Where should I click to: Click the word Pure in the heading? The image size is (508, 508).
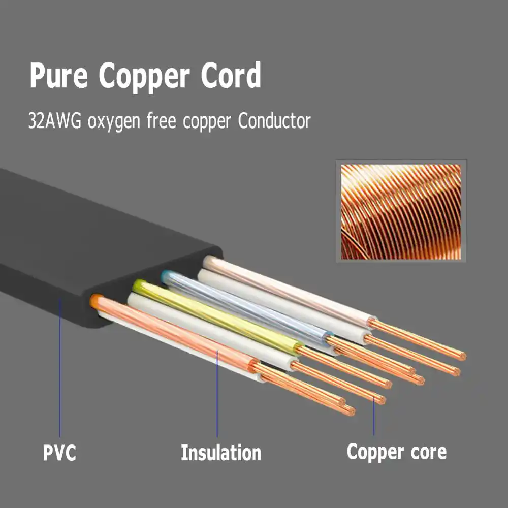click(x=58, y=76)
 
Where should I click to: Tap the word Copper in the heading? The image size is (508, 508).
click(x=144, y=78)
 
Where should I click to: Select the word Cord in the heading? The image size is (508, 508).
click(x=231, y=75)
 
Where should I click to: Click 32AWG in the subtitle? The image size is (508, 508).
click(x=54, y=121)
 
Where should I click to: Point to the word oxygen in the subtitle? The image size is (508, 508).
click(x=114, y=122)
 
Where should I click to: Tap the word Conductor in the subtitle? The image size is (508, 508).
click(x=274, y=121)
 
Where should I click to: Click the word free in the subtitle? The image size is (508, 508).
click(x=162, y=120)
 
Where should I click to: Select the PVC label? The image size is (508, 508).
click(x=59, y=452)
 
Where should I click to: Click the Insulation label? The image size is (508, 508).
click(x=221, y=452)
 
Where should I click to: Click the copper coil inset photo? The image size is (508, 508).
click(x=401, y=211)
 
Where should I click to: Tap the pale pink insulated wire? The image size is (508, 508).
click(x=289, y=290)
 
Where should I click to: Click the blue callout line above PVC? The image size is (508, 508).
click(x=60, y=368)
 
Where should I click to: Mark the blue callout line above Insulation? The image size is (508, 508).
click(x=217, y=394)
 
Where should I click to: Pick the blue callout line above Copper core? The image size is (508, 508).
click(x=373, y=417)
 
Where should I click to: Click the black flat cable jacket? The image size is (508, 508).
click(x=97, y=240)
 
